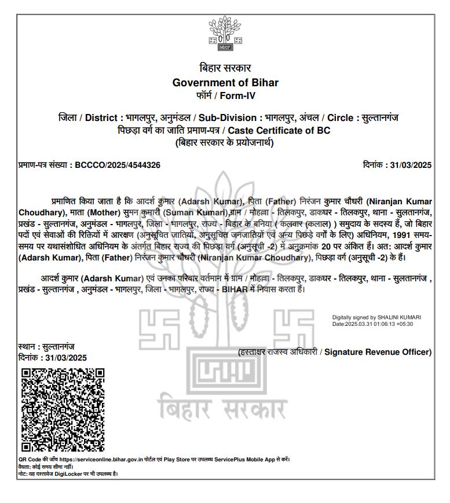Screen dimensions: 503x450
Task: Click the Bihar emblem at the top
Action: (224, 34)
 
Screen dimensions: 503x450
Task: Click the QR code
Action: (63, 409)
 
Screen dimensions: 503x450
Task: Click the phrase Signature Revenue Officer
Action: (378, 352)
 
